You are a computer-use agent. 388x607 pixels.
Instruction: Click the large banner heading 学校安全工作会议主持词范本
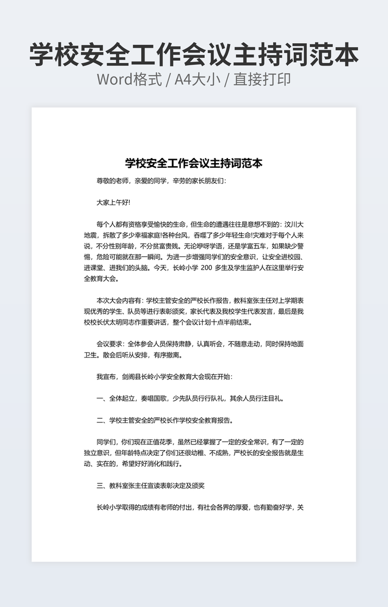[x=194, y=54]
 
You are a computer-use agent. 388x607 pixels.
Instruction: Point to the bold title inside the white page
[x=193, y=163]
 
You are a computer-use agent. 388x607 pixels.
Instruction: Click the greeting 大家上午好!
[x=114, y=202]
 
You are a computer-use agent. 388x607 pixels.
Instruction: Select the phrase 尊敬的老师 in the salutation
[x=112, y=180]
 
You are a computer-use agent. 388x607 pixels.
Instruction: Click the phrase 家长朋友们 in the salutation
[x=211, y=180]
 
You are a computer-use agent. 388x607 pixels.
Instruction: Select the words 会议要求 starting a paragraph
[x=109, y=344]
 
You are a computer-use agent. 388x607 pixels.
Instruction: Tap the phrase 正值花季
[x=166, y=441]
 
